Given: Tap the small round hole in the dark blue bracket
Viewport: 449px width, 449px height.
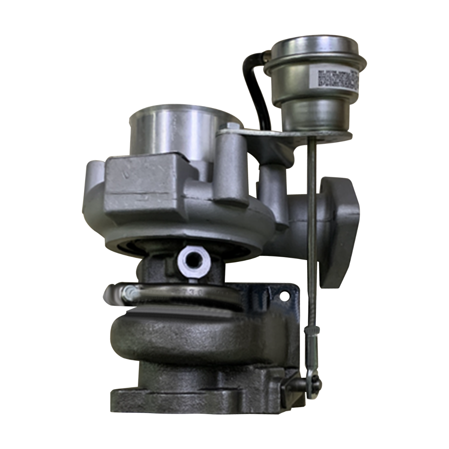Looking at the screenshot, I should [287, 296].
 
